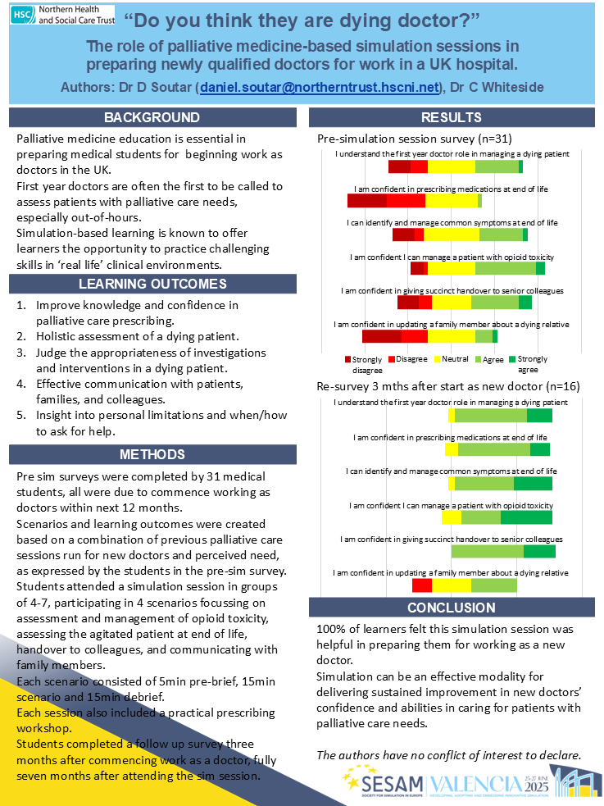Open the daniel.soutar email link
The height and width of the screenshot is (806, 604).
pos(320,87)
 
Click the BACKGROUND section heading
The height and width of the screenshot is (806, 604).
pos(152,117)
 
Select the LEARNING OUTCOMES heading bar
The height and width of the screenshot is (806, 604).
pos(152,285)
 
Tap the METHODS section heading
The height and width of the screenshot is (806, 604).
pos(152,454)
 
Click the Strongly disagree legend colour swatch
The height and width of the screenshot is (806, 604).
pos(347,358)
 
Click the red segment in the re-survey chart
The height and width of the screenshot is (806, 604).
pos(422,585)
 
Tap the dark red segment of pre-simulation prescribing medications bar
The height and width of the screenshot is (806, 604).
pos(366,201)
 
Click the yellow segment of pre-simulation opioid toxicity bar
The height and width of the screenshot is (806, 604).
pos(451,268)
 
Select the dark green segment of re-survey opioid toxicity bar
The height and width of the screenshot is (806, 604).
pos(526,517)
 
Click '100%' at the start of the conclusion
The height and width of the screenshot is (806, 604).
pos(334,629)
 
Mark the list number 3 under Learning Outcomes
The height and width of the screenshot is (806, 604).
pos(21,353)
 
